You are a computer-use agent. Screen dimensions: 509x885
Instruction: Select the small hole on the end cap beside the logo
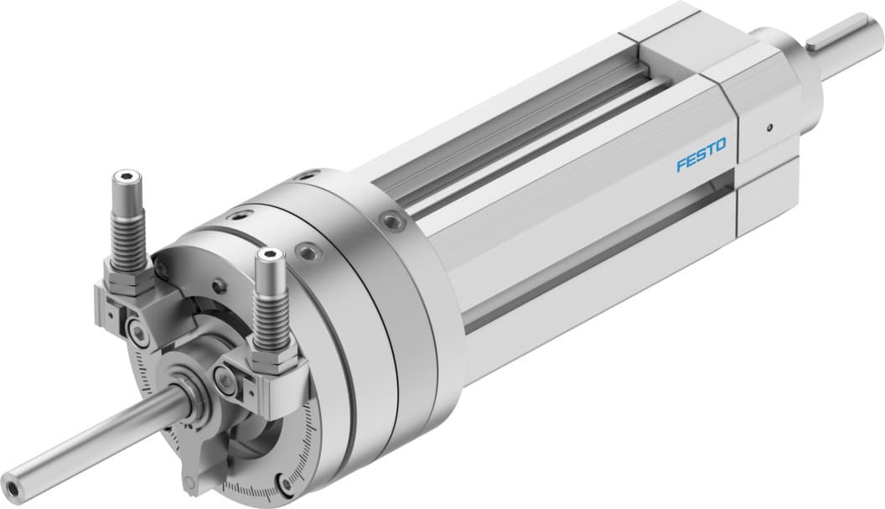click(769, 128)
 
